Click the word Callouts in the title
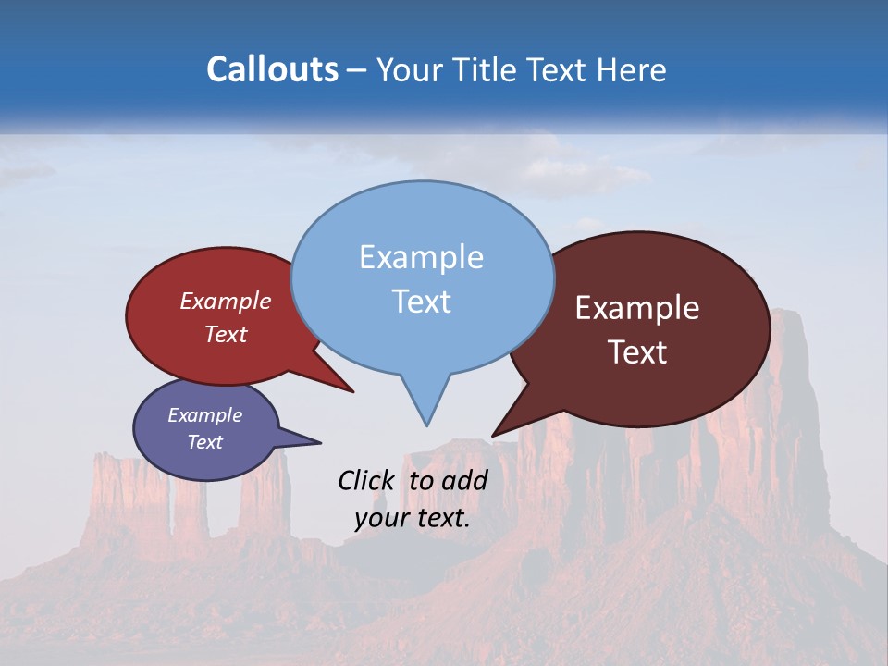(x=272, y=69)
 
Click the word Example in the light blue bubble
(x=421, y=257)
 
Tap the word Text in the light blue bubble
(x=421, y=302)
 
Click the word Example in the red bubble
(x=226, y=301)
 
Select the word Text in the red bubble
(x=226, y=334)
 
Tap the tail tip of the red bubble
(x=352, y=391)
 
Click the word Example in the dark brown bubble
(x=637, y=308)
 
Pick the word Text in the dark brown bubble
(x=637, y=352)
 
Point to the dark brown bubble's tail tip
(x=493, y=435)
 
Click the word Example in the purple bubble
(x=204, y=415)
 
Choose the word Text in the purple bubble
(x=204, y=442)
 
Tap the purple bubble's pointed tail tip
(x=320, y=442)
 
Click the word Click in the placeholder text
(x=366, y=480)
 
